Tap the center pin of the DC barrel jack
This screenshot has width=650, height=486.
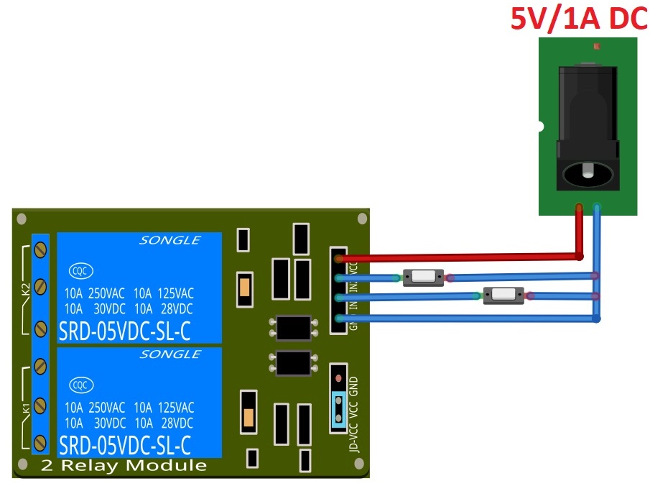point(588,173)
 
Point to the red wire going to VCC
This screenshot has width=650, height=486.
point(460,256)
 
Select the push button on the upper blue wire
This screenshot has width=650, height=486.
point(423,277)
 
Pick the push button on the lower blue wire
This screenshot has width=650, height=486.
point(503,294)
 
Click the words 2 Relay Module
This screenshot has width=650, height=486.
point(124,465)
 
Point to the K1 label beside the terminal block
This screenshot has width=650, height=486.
point(25,408)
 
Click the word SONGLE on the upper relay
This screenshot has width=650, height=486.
point(170,241)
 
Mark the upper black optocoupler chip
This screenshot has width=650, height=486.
point(293,328)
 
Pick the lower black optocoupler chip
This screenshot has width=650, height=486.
point(293,362)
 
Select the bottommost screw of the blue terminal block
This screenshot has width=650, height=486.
point(41,442)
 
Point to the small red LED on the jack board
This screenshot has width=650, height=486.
point(595,46)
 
